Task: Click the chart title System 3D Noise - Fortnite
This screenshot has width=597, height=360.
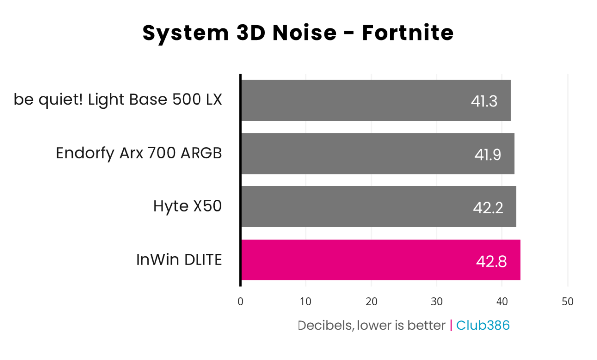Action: tap(298, 33)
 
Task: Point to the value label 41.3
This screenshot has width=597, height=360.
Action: tap(484, 101)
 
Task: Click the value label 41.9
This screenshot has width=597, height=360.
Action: tap(488, 154)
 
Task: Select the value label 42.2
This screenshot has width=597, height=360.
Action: tap(488, 207)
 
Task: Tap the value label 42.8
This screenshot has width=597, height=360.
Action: tap(492, 261)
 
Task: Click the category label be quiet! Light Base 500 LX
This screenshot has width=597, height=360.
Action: tap(118, 100)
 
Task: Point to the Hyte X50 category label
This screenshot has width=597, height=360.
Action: tap(188, 206)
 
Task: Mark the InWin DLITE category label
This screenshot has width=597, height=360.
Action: tap(179, 260)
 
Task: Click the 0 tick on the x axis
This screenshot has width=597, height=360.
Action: tap(241, 302)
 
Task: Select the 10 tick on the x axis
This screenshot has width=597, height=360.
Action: tap(306, 302)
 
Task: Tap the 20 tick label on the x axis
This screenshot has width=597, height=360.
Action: tap(371, 302)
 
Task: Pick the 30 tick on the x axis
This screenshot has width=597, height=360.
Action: tap(436, 302)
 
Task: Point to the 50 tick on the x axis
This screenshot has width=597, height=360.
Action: tap(567, 302)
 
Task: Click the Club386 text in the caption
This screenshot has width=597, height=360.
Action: tap(483, 325)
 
